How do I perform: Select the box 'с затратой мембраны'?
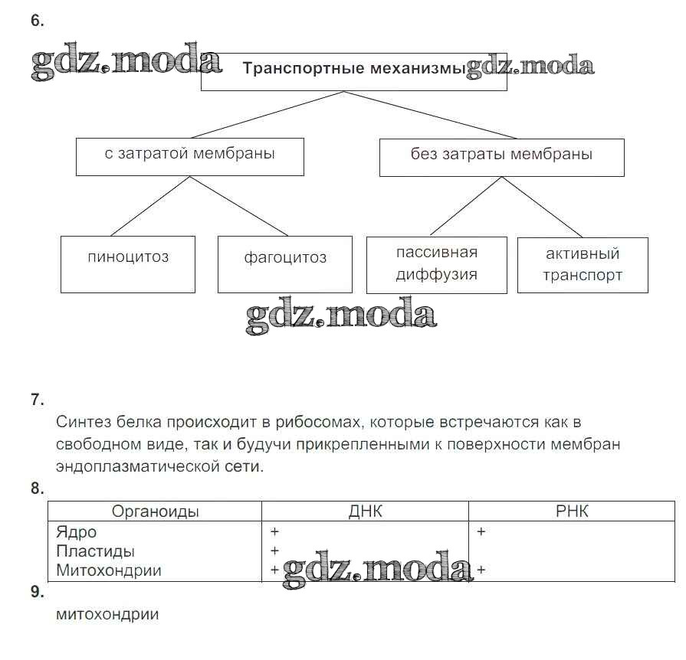pos(189,155)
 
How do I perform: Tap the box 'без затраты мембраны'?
pos(501,155)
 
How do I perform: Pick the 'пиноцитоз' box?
pos(128,257)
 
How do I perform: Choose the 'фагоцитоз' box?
pos(285,258)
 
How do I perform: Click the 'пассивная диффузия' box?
pos(436,264)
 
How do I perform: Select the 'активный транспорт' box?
pos(583,264)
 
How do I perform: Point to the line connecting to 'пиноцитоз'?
pos(149,206)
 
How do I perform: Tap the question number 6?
pos(37,21)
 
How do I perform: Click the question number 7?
pos(37,399)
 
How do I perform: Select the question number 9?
pos(37,592)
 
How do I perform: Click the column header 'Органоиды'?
pos(155,511)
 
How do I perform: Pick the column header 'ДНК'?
pos(365,511)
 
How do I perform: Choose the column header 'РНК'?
pos(572,511)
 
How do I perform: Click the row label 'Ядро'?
pos(77,531)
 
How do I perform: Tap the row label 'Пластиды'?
pos(95,551)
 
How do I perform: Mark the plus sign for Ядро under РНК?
pos(481,531)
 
